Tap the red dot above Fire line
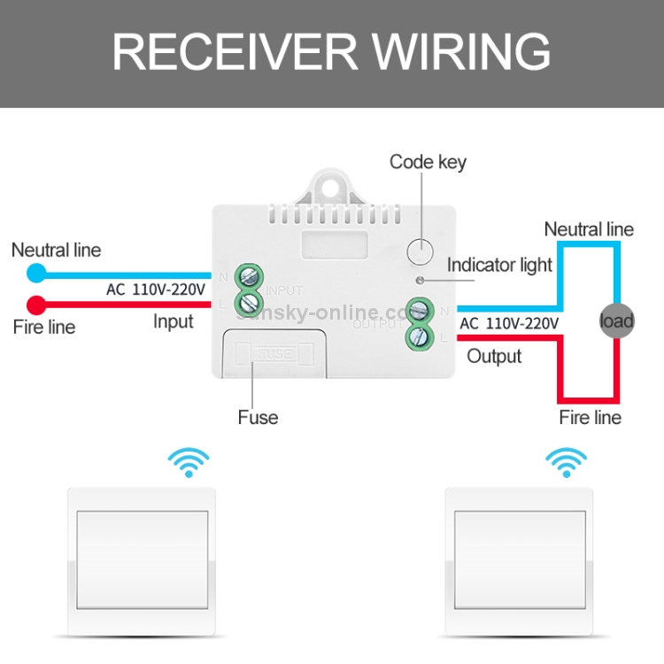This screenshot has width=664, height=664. (x=36, y=305)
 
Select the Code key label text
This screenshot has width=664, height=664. (x=428, y=162)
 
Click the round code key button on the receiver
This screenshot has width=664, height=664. (x=421, y=251)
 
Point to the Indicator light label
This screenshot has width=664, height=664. (x=499, y=265)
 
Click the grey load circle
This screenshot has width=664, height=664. (x=616, y=320)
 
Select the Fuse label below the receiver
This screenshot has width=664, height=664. (x=258, y=417)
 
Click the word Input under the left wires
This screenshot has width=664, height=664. (x=173, y=321)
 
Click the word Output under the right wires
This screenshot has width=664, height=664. (x=494, y=356)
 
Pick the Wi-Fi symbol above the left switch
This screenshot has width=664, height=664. (x=189, y=462)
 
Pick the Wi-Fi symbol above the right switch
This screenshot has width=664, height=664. (x=565, y=462)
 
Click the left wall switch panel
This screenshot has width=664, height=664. (x=142, y=562)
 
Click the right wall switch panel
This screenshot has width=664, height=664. (x=518, y=562)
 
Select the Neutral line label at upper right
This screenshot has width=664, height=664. (x=589, y=229)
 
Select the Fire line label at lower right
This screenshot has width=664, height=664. (x=590, y=417)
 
